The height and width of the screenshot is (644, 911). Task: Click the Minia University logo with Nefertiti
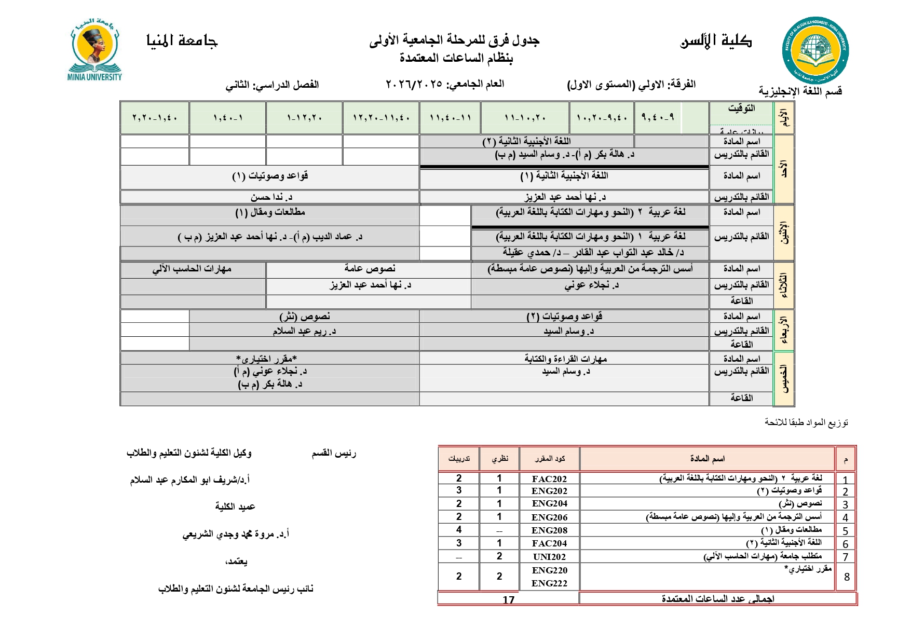click(x=95, y=49)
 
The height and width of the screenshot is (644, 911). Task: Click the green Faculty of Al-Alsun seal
click(x=815, y=50)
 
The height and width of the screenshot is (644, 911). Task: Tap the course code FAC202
click(x=549, y=479)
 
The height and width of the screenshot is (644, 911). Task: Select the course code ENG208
click(x=549, y=530)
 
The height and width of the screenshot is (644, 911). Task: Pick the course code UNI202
click(x=549, y=557)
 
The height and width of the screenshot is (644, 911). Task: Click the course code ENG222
click(x=549, y=583)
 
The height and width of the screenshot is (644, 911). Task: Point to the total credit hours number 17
click(x=508, y=600)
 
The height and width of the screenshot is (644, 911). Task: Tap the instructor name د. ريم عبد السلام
click(x=304, y=331)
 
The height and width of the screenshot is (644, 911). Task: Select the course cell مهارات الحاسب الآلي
click(x=192, y=269)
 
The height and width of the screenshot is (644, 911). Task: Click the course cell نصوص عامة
click(x=370, y=268)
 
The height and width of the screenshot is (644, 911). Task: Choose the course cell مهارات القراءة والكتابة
click(x=565, y=359)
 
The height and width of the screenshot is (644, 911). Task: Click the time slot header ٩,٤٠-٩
click(x=657, y=117)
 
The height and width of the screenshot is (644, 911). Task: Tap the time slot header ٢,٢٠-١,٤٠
click(x=155, y=118)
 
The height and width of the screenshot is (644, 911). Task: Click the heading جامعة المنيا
click(x=182, y=40)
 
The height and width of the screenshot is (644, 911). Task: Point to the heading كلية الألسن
click(x=716, y=41)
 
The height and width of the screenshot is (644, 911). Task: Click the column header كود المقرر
click(x=550, y=459)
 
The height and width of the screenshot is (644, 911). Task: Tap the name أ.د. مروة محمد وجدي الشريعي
click(x=236, y=534)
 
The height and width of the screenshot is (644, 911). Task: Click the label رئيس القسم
click(x=334, y=454)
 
